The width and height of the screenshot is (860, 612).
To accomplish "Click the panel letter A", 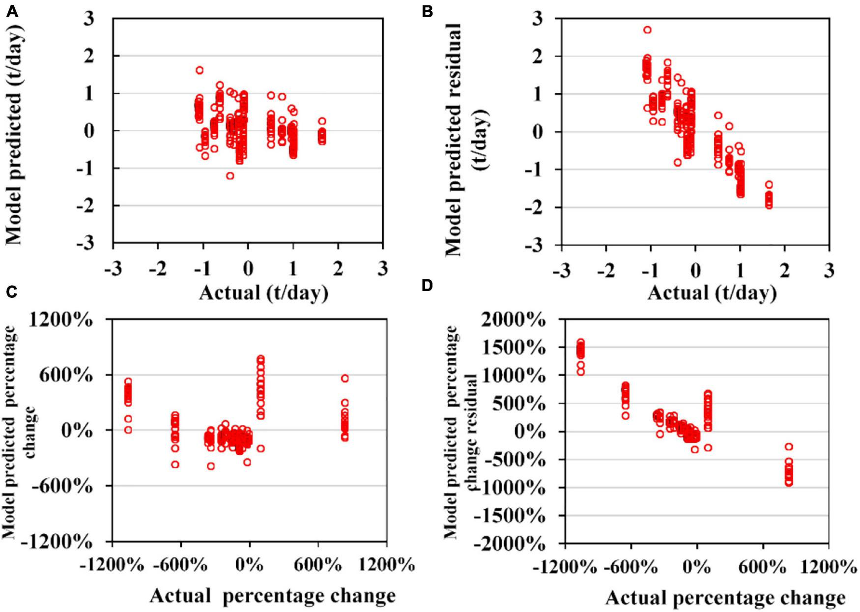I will [x=12, y=11].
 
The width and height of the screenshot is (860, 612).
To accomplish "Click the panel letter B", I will [x=427, y=11].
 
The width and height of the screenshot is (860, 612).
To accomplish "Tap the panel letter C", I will [x=12, y=292].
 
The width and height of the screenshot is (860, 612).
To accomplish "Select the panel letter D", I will [x=427, y=285].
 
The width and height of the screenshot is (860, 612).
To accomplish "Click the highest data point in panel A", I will [x=200, y=70].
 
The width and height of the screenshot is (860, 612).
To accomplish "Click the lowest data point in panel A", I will [x=230, y=175].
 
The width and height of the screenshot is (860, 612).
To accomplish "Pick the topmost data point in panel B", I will [x=647, y=30].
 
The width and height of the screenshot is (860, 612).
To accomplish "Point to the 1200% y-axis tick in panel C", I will [x=61, y=320].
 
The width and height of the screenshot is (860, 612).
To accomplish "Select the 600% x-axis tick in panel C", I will [x=317, y=565].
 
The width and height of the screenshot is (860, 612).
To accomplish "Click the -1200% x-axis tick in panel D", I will [x=565, y=568].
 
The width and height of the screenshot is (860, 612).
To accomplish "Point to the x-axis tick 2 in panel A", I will [x=338, y=268].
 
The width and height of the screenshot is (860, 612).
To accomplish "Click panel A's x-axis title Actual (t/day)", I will [x=263, y=293].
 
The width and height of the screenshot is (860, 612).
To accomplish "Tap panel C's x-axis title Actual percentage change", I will [x=272, y=596].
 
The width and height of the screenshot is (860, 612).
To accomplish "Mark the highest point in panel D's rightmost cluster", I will [x=789, y=446].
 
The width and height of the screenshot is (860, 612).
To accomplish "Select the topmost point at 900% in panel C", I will [x=345, y=379].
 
